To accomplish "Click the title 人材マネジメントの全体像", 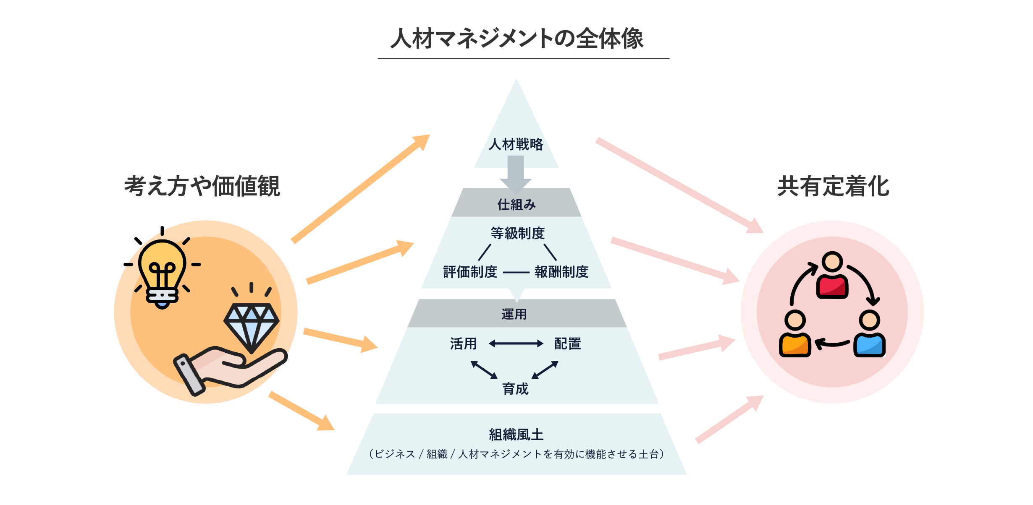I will tap(516, 39).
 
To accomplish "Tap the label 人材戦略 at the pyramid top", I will tap(516, 144).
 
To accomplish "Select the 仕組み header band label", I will tap(516, 205).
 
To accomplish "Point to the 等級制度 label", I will tap(517, 233).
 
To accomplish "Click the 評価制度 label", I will tap(470, 272).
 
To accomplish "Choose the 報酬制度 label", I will tap(561, 272).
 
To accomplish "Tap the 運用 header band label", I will tap(514, 314).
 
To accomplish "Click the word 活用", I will tap(464, 344).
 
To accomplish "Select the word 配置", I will tap(568, 344).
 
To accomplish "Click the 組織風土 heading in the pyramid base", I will tap(516, 435).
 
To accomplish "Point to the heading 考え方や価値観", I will tap(202, 186).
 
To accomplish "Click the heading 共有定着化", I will tap(833, 186).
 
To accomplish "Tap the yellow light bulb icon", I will tap(162, 271).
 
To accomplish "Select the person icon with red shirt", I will tap(832, 276).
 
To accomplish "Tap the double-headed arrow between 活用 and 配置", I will tap(516, 344).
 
